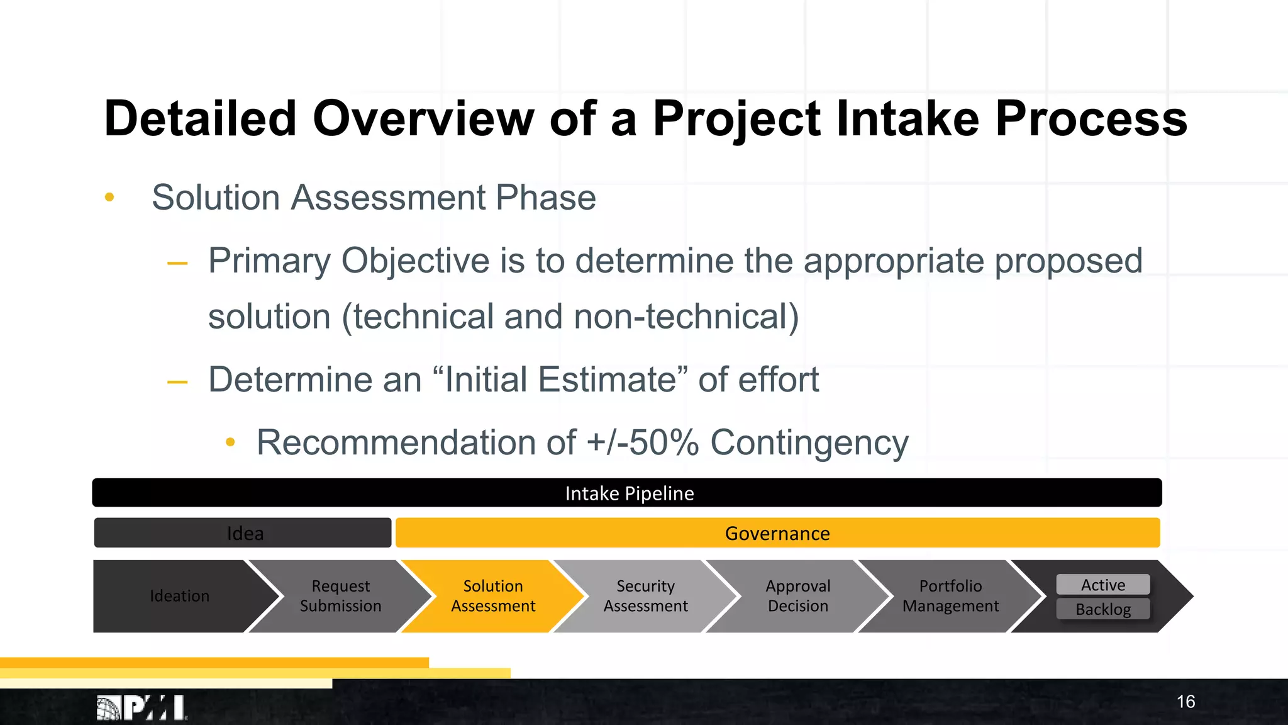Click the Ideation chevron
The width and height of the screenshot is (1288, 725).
(x=179, y=596)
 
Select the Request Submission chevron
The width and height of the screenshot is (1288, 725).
(x=340, y=596)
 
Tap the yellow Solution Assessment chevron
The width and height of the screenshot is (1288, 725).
(x=493, y=596)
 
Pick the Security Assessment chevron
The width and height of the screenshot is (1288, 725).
(x=645, y=596)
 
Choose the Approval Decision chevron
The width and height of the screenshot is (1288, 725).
(x=797, y=596)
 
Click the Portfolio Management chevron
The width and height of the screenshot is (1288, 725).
(x=950, y=596)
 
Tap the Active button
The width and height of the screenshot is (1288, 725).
(x=1102, y=585)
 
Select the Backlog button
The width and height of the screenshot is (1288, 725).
(x=1102, y=609)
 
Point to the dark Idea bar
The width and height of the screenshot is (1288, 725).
(x=244, y=533)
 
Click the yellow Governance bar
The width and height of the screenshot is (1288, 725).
(x=777, y=533)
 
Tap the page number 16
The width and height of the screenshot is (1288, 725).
(x=1185, y=702)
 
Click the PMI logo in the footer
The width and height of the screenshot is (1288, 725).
(x=142, y=708)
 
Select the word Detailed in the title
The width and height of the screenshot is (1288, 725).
(x=200, y=118)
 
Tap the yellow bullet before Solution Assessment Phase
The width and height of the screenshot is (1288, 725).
(x=109, y=198)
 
